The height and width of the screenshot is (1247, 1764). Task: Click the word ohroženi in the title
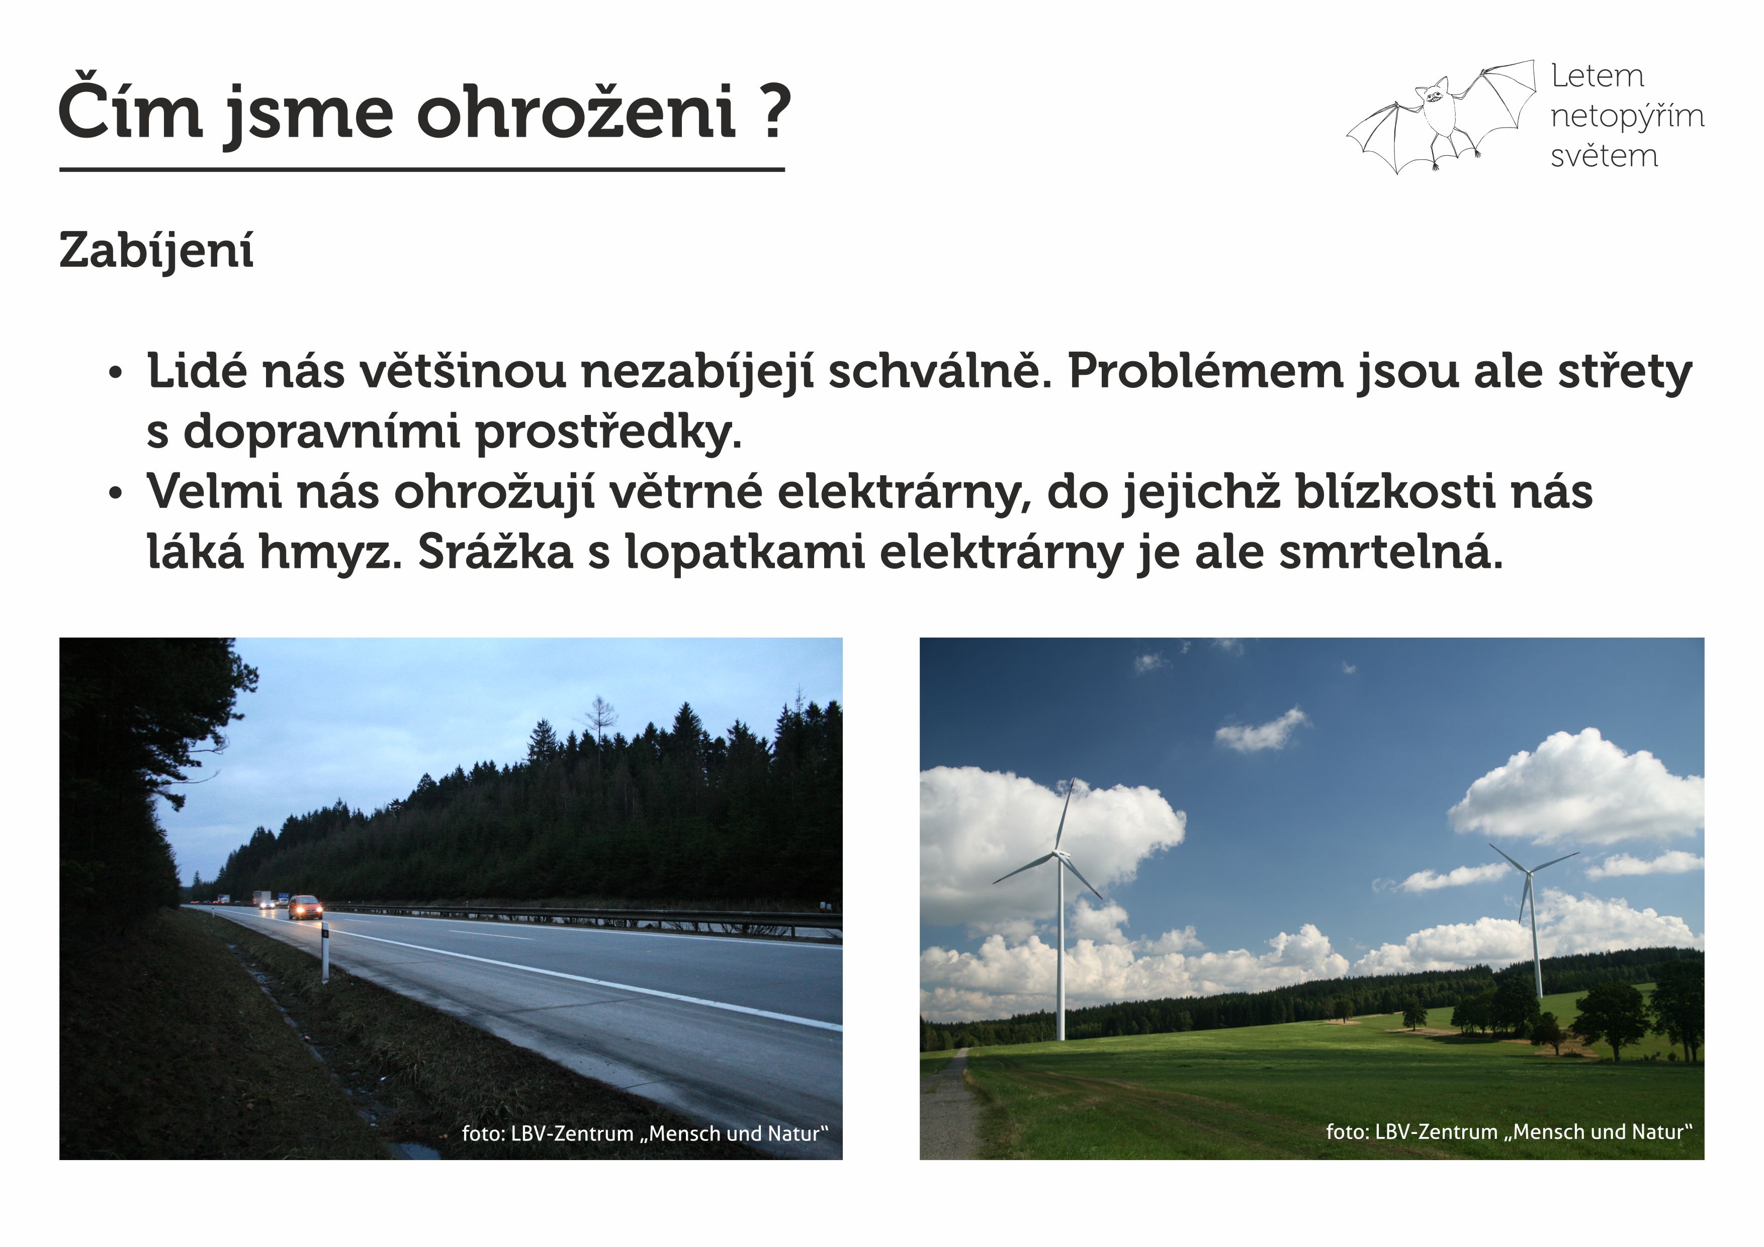pos(576,113)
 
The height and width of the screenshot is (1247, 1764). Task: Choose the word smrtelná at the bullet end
pos(1390,551)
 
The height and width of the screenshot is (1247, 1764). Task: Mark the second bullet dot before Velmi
pos(115,494)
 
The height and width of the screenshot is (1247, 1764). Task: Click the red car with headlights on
pos(306,907)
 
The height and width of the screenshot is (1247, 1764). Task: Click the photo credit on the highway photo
pos(645,1134)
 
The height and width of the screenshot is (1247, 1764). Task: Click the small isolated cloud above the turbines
pos(1261,730)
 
